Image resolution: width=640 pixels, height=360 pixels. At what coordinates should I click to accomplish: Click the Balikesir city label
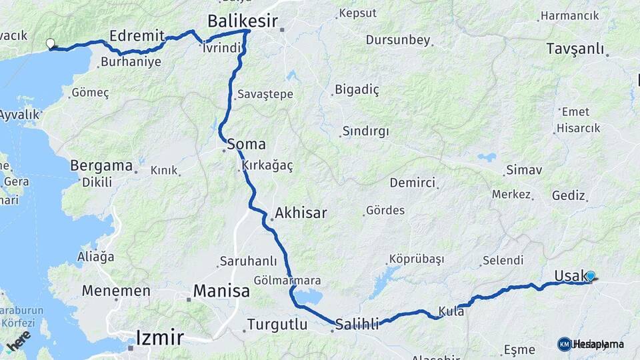tap(242, 21)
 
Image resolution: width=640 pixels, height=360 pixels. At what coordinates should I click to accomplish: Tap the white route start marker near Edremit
tap(50, 44)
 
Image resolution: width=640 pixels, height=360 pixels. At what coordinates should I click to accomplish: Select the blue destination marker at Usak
tap(590, 276)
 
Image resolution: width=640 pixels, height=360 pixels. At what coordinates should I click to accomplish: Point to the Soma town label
tap(246, 144)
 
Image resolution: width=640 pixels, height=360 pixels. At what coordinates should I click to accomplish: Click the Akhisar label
tap(301, 213)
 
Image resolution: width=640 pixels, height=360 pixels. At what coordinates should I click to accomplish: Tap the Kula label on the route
tap(451, 311)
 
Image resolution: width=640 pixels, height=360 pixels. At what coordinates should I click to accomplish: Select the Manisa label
tap(221, 291)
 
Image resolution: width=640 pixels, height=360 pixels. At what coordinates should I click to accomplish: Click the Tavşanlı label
tap(575, 49)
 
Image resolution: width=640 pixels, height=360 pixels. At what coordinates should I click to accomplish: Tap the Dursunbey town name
tap(398, 40)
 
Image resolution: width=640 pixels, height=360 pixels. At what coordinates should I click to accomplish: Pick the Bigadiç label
tap(357, 89)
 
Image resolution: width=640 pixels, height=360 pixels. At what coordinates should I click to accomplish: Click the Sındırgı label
tap(365, 131)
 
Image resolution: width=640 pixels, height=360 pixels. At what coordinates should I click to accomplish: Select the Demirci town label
tap(413, 183)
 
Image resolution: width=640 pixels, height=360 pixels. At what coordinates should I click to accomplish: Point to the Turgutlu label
tap(277, 325)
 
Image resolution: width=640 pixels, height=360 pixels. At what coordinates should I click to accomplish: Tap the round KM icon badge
tap(565, 344)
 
